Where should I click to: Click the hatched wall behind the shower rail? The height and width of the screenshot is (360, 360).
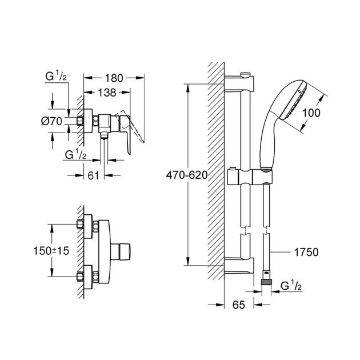coord(215,171)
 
